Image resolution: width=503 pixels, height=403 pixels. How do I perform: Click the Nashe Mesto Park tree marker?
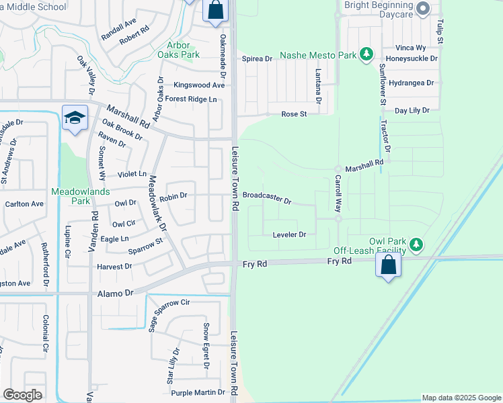[366, 54]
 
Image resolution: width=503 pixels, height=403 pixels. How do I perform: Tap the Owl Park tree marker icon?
[417, 243]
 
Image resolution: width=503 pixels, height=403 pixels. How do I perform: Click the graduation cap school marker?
[75, 117]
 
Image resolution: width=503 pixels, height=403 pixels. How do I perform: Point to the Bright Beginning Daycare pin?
[423, 9]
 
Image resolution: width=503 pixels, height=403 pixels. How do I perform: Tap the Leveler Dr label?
[289, 234]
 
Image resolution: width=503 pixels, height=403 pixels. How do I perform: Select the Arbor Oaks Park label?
[184, 50]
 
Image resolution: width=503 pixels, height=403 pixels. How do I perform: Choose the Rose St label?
[294, 114]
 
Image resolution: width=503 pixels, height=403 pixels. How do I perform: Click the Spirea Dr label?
[257, 59]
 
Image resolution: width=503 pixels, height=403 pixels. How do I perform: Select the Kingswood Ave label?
[198, 85]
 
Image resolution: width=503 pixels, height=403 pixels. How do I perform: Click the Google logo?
[22, 395]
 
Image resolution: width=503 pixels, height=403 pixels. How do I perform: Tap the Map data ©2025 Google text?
[461, 398]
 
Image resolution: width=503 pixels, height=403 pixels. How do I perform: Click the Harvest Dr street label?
[114, 267]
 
